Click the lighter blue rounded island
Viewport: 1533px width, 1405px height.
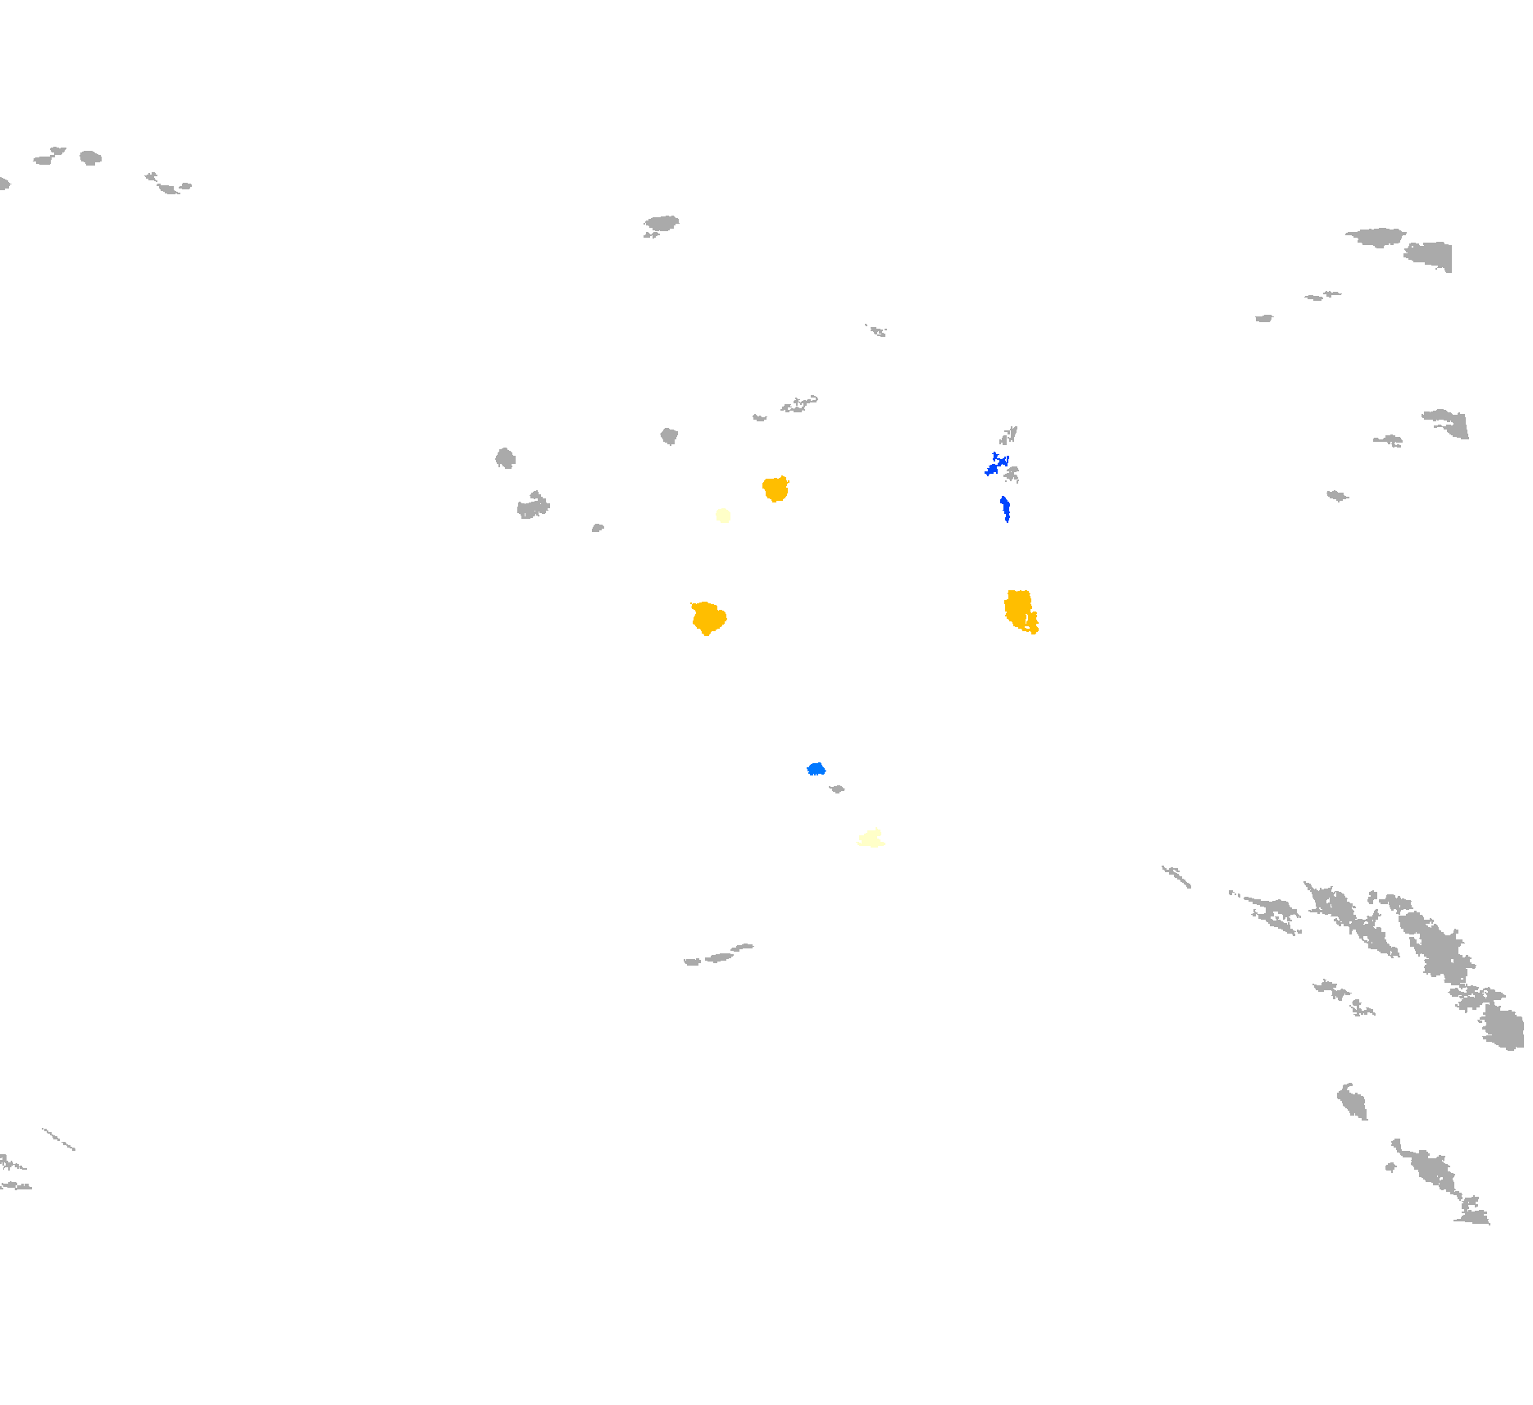[816, 769]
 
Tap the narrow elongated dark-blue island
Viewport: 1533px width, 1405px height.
[1005, 508]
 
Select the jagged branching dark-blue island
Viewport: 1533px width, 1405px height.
[994, 467]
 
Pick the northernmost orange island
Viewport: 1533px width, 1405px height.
[776, 489]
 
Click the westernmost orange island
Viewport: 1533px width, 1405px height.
[707, 618]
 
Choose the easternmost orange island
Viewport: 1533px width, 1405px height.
[1019, 611]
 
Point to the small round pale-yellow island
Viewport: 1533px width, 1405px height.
[723, 516]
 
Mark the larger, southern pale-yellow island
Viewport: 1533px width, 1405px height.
[871, 838]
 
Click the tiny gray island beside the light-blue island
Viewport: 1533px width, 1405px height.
[837, 789]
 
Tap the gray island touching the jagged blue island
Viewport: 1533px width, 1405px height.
[1012, 474]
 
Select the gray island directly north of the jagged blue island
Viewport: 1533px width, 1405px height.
[1009, 435]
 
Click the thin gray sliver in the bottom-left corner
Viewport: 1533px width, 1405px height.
[58, 1139]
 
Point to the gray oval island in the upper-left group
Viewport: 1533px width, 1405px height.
[90, 157]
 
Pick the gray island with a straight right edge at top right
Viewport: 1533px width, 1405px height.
[1431, 255]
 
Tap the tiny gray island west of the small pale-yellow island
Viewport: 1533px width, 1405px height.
[598, 529]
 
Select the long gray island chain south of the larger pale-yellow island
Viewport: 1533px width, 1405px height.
[719, 956]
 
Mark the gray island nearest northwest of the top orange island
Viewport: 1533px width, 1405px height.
[670, 435]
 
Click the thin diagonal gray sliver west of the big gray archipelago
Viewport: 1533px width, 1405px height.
[1176, 876]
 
